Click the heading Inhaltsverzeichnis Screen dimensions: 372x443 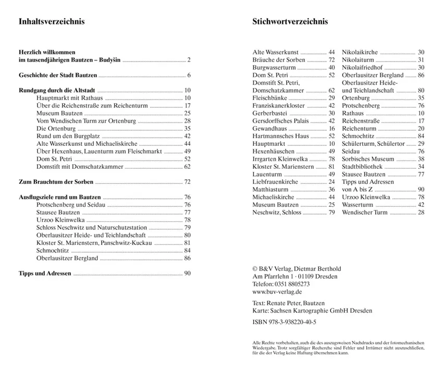click(x=52, y=22)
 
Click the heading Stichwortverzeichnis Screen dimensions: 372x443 click(x=290, y=22)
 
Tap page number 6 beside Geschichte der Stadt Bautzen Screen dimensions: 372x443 click(x=189, y=75)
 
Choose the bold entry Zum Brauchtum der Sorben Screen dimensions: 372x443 click(x=56, y=182)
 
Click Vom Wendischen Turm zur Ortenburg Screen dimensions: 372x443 click(x=87, y=121)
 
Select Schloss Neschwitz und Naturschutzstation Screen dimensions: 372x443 click(x=92, y=228)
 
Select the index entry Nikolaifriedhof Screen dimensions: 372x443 click(x=362, y=68)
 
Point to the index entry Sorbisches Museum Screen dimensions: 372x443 click(x=368, y=159)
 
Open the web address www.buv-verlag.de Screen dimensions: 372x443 click(x=277, y=292)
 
